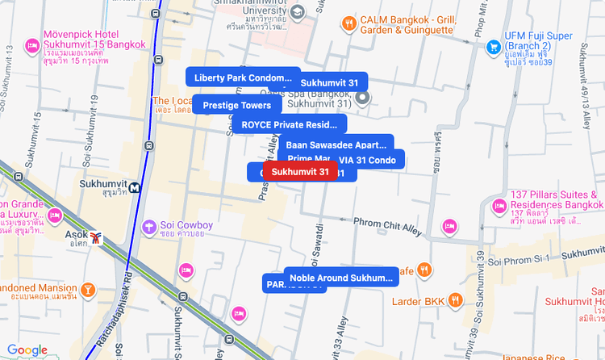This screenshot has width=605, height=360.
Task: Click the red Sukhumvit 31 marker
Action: [300, 172]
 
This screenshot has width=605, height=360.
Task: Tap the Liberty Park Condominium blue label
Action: [242, 77]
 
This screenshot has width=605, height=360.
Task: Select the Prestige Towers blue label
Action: [236, 105]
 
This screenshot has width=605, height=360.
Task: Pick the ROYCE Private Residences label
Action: [289, 124]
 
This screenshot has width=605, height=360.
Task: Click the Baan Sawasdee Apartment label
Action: [336, 144]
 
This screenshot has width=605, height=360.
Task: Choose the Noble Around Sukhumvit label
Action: [340, 278]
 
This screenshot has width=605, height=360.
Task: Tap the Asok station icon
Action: [97, 238]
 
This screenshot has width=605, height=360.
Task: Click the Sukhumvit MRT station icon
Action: [133, 186]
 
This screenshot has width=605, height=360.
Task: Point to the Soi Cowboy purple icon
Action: [148, 227]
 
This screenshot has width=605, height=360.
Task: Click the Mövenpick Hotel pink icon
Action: [32, 45]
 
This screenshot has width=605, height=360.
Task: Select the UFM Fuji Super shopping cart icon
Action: [492, 47]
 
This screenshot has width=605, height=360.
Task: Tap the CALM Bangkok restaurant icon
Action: [348, 23]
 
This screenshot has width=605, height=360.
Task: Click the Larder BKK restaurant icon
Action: [456, 301]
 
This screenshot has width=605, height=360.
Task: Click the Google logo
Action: [27, 350]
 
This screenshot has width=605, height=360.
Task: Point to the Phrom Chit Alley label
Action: [387, 225]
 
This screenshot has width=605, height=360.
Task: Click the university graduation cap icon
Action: [298, 12]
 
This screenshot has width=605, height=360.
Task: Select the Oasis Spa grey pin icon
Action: [363, 98]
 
